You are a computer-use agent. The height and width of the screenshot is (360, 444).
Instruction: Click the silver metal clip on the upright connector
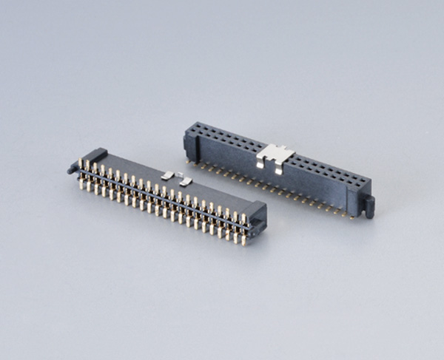click(x=275, y=156)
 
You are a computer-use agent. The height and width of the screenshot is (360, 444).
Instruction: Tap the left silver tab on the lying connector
click(x=168, y=174)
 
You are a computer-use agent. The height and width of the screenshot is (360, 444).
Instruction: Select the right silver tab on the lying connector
click(x=186, y=180)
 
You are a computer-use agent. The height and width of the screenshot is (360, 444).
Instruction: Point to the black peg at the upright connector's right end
click(x=369, y=206)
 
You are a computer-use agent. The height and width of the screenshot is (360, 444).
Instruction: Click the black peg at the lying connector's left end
click(x=73, y=168)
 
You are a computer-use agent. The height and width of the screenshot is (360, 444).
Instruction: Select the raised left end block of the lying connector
click(x=97, y=156)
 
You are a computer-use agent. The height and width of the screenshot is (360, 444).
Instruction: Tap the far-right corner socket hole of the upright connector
click(x=362, y=182)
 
